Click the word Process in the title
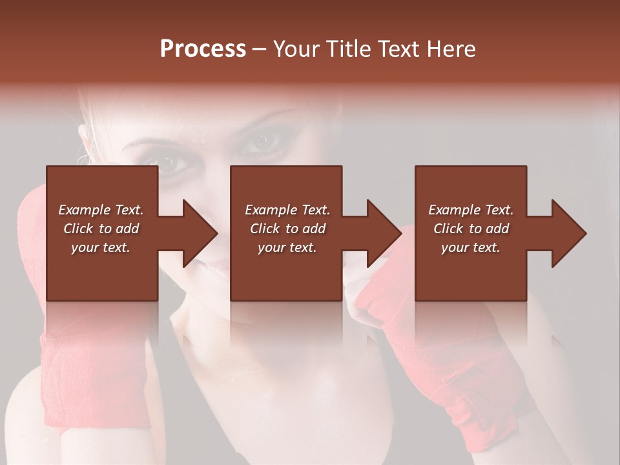(x=203, y=49)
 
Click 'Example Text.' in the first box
(x=101, y=210)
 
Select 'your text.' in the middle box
(x=287, y=247)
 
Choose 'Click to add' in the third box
(x=471, y=229)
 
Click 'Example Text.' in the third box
(x=471, y=210)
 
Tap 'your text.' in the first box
(x=101, y=247)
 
